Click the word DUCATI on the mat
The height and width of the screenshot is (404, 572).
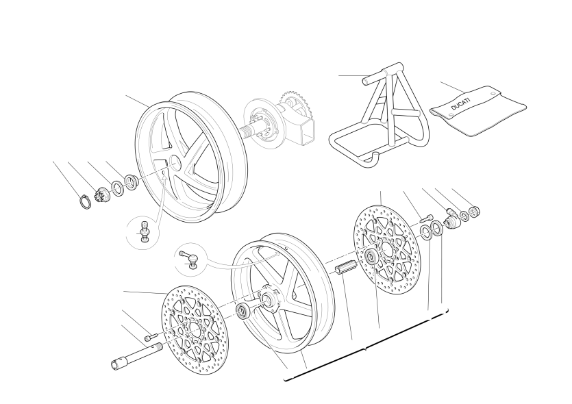click(461, 103)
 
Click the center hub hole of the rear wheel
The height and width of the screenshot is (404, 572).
click(175, 162)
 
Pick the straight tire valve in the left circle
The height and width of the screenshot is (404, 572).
click(145, 231)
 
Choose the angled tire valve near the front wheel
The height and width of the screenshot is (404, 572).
click(189, 257)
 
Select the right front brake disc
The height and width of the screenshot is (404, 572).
click(386, 249)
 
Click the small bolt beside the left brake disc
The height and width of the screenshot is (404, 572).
click(151, 336)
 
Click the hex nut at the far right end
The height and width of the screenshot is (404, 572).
click(475, 212)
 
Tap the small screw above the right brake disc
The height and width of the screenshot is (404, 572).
click(425, 218)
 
